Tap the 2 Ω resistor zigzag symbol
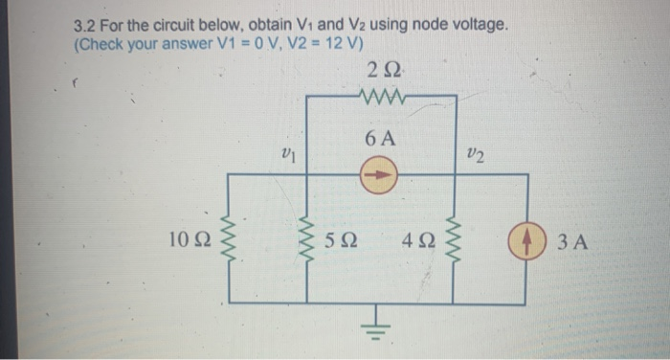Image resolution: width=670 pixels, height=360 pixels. (x=382, y=95)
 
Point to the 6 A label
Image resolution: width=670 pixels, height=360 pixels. (x=381, y=138)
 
